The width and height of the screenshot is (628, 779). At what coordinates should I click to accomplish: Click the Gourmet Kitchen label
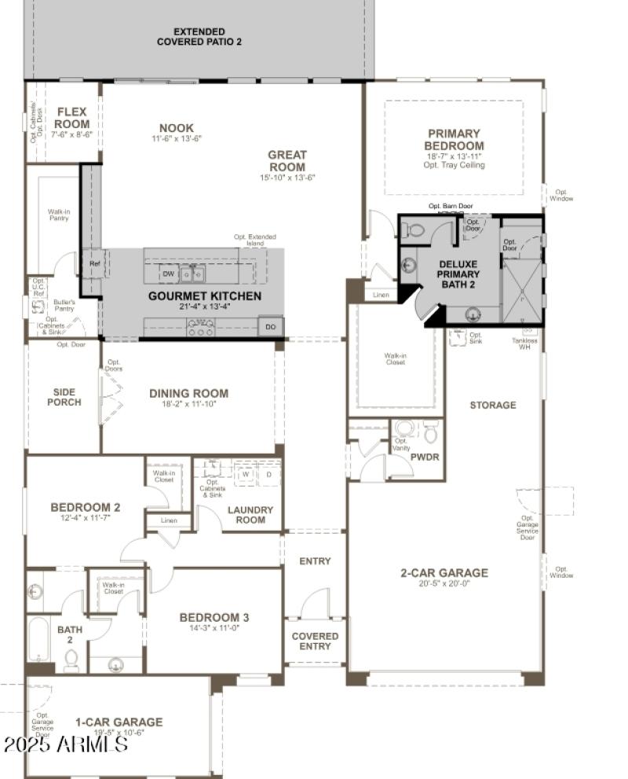[x=205, y=296]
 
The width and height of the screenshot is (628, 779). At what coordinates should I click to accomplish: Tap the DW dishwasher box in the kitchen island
[x=168, y=274]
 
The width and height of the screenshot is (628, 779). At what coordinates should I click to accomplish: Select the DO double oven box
[x=271, y=326]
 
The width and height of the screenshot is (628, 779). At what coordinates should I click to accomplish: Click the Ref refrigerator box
[x=95, y=264]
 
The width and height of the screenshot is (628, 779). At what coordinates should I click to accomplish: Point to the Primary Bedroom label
[x=454, y=140]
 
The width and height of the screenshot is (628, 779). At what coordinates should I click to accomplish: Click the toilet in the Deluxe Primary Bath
[x=415, y=230]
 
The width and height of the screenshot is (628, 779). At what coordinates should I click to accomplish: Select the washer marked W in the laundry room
[x=245, y=475]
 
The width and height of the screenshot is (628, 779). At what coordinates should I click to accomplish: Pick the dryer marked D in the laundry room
[x=268, y=475]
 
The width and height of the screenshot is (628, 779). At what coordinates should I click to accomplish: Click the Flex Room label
[x=72, y=118]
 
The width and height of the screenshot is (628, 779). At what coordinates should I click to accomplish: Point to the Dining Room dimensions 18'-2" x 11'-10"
[x=189, y=405]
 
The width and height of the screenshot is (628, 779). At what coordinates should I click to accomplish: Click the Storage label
[x=493, y=406]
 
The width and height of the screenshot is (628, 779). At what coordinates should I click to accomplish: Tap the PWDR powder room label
[x=425, y=457]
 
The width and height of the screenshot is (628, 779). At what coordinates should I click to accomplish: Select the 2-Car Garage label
[x=444, y=573]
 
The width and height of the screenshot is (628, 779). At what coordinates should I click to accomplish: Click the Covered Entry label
[x=315, y=641]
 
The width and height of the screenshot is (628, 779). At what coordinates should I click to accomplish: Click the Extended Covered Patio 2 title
[x=199, y=36]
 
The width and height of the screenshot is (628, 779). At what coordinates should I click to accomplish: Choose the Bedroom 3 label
[x=214, y=617]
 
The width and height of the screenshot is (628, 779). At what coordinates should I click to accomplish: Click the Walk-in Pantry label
[x=58, y=215]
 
